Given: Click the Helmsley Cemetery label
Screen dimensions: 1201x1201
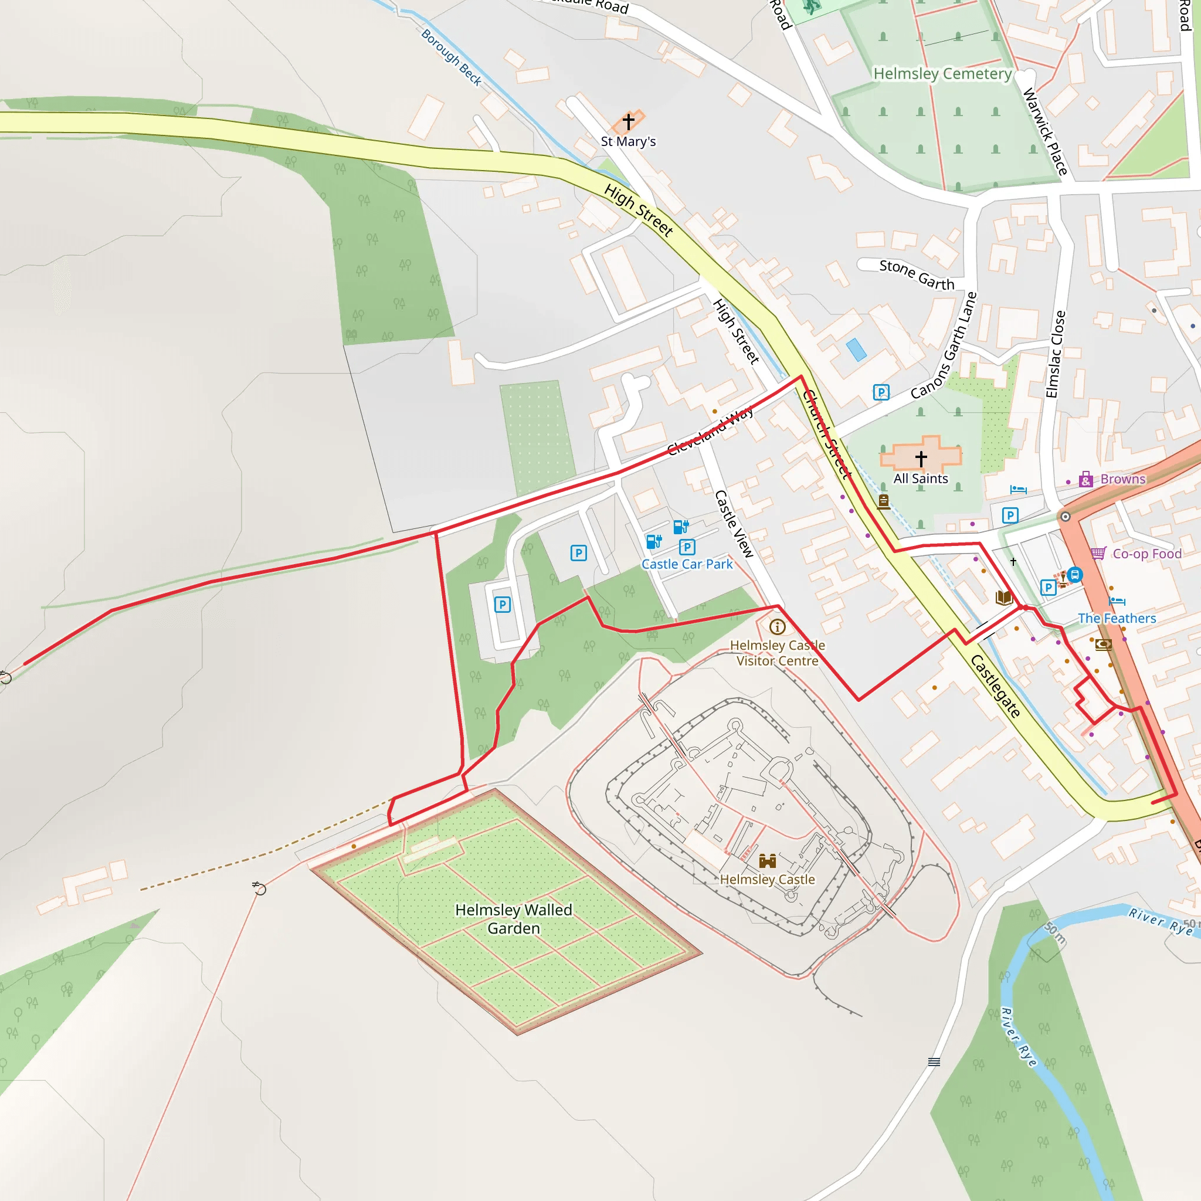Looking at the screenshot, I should [x=942, y=74].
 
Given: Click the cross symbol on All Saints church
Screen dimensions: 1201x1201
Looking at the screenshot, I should [x=921, y=459].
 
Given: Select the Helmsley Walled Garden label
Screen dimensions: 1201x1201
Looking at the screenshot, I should [x=514, y=919].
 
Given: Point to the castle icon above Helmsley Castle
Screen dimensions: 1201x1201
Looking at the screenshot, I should [x=768, y=861].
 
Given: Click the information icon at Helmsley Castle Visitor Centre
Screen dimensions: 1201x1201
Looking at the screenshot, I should [x=777, y=627].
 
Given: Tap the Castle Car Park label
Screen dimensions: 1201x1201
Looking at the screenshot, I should [x=687, y=565].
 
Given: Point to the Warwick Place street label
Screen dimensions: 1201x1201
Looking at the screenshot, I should [x=1045, y=132].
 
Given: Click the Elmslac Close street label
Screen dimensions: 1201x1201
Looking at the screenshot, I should [x=1055, y=354].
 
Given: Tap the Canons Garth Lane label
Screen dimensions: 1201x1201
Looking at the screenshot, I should [x=944, y=345].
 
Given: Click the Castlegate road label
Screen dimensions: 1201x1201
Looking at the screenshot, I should [x=995, y=686].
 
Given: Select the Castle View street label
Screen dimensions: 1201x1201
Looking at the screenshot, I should [x=734, y=524].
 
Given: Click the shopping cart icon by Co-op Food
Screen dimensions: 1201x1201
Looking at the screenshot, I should [x=1098, y=552].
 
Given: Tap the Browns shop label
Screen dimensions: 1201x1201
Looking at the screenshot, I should [x=1122, y=479].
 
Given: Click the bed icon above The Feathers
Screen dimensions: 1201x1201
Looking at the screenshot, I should [x=1117, y=601].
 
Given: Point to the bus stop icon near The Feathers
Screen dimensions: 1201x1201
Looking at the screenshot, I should [x=1075, y=575].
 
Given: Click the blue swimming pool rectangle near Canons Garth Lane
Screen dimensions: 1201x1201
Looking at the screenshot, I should [x=856, y=350].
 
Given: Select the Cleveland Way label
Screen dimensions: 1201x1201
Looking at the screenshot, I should [x=710, y=431].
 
